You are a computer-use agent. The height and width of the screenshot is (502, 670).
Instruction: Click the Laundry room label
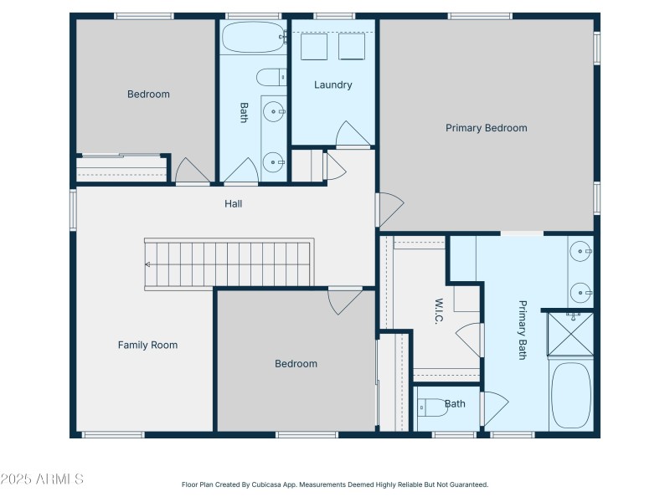coord(332,85)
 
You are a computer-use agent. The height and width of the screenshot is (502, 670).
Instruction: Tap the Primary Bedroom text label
coord(486,128)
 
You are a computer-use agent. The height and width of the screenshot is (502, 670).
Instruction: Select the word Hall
coord(234,203)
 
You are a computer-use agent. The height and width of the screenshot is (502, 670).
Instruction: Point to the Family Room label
coord(147,345)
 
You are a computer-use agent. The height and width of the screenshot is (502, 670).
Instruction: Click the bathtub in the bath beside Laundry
coord(252,37)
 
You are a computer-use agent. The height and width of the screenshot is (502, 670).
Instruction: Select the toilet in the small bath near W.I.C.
coord(431,409)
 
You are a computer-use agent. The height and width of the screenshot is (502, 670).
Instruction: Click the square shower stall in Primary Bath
coord(569,332)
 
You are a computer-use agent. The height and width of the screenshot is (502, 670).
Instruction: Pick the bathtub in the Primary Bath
coord(571,395)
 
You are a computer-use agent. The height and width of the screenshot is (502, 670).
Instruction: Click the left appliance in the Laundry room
coord(313,46)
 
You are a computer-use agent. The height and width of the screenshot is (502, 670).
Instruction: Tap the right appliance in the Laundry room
coord(353,46)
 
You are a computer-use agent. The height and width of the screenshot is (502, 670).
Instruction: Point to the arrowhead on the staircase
coord(147,264)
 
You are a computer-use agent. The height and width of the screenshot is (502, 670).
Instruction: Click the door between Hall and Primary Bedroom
coord(389,210)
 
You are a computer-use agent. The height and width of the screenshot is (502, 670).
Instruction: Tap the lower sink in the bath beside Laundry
coord(273,161)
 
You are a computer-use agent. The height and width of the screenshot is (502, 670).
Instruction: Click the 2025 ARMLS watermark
coord(42,479)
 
